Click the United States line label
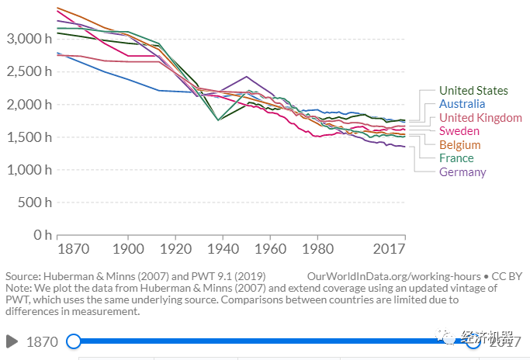(x=473, y=91)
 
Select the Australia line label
(x=462, y=104)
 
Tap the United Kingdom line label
(x=480, y=118)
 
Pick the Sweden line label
(x=459, y=131)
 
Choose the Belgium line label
(x=459, y=145)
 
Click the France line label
(x=456, y=158)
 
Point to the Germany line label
(x=462, y=172)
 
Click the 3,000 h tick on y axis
(x=28, y=39)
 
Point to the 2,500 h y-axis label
(x=28, y=71)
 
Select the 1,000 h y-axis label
(x=28, y=170)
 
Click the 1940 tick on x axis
(x=222, y=249)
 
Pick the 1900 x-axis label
(x=128, y=249)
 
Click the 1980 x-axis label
(x=317, y=249)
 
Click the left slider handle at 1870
(x=74, y=341)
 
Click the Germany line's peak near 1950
(x=246, y=77)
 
